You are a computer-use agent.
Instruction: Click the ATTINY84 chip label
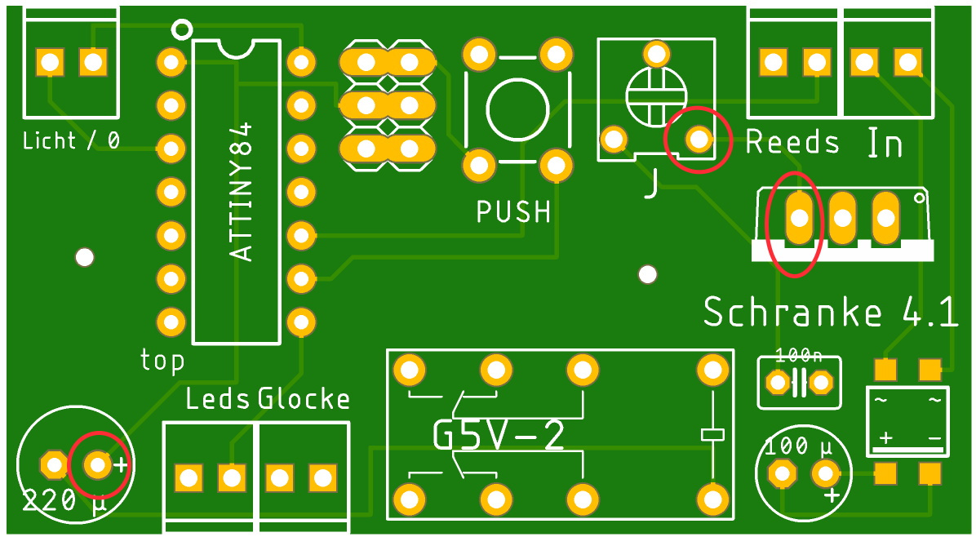[x=242, y=192]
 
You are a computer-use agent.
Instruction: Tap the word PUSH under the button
[x=513, y=212]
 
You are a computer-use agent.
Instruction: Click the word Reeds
[x=792, y=142]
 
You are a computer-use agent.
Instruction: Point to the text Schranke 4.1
[x=830, y=313]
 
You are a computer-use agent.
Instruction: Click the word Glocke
[x=304, y=399]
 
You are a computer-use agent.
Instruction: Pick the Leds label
[x=218, y=399]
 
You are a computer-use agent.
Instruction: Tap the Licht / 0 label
[x=71, y=140]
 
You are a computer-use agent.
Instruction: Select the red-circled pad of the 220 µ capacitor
[x=98, y=465]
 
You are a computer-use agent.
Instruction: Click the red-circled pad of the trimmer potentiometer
[x=699, y=140]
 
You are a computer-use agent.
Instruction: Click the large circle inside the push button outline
[x=517, y=110]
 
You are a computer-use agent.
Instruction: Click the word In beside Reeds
[x=885, y=144]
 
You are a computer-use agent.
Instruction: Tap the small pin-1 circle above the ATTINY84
[x=182, y=29]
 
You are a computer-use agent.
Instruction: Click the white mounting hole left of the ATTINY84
[x=84, y=258]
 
